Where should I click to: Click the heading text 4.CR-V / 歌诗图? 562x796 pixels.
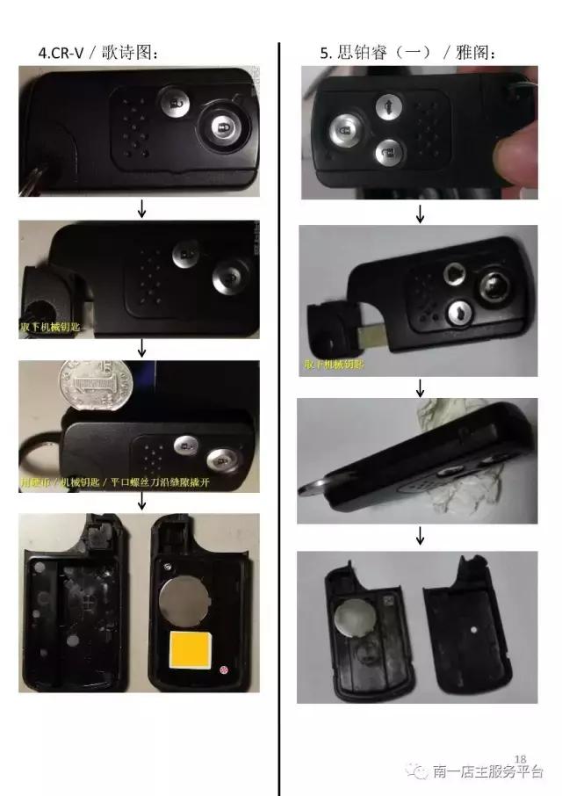(97, 53)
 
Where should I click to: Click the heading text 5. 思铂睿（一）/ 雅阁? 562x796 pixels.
(407, 53)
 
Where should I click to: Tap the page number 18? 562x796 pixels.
(519, 758)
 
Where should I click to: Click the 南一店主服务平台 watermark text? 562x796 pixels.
(487, 772)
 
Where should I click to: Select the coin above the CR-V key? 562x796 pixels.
(88, 385)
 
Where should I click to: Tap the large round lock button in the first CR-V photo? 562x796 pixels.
(217, 129)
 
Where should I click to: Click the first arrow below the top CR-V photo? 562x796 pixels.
(141, 208)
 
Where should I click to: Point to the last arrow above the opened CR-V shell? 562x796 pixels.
(141, 502)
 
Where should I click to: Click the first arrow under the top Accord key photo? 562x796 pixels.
(420, 213)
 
